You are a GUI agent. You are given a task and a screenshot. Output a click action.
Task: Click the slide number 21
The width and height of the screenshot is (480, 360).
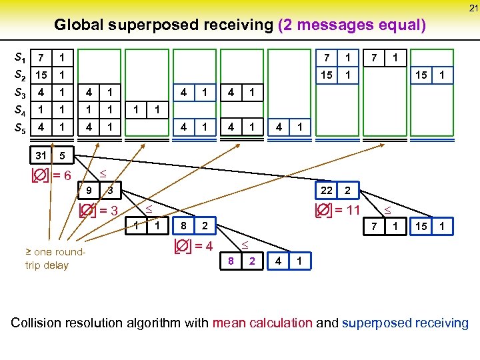tap(473, 8)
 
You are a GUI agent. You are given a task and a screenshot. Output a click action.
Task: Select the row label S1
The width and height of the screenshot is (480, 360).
tap(21, 58)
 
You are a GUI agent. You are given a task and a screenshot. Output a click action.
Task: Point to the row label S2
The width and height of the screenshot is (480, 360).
tap(21, 75)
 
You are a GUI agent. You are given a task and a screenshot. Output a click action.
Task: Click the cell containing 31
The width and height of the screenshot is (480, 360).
tap(41, 156)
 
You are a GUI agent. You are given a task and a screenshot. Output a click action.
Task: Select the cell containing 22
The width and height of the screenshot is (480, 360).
tap(327, 191)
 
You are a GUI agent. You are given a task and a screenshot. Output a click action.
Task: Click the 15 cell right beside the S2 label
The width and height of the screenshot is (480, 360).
tap(41, 75)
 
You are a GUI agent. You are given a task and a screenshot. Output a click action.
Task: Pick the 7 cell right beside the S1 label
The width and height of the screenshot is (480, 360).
tap(41, 58)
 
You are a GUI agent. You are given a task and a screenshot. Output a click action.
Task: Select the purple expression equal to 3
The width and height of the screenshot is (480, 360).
tap(99, 211)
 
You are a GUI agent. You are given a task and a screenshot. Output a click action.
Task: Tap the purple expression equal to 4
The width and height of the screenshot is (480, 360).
tap(193, 245)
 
